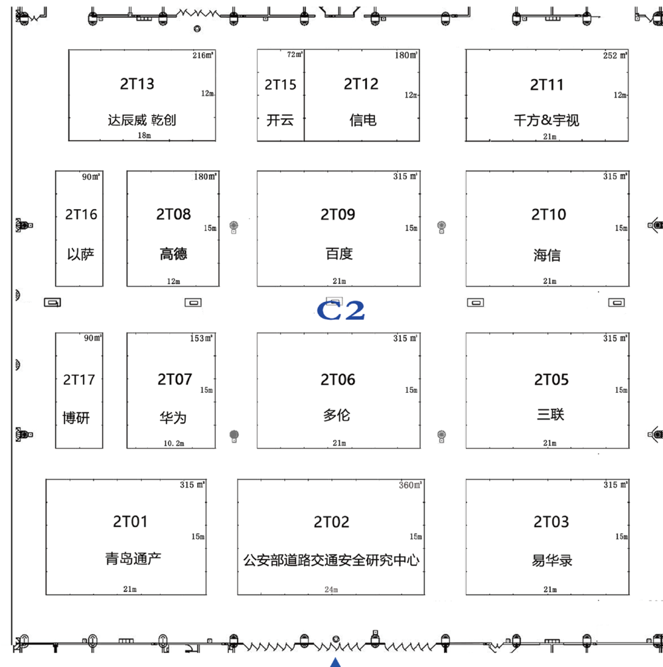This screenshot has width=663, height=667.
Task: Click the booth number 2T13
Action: coord(137,83)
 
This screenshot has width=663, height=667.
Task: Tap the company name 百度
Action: coord(339,253)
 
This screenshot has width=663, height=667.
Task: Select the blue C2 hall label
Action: coord(341,310)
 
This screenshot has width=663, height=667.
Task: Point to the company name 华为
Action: coord(173,418)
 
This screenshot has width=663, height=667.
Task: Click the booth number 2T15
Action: coord(280,85)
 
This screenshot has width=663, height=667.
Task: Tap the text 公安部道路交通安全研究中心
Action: coord(331,560)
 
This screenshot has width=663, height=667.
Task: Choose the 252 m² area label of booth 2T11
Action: coord(615,55)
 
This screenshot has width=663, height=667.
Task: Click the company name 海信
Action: coord(547,255)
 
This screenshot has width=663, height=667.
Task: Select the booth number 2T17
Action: coord(79,380)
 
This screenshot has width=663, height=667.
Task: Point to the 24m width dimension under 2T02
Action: coord(331,590)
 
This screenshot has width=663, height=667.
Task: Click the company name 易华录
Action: coord(552,560)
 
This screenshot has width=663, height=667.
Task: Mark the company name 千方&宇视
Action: coord(546,120)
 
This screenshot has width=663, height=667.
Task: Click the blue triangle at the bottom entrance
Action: coord(335,662)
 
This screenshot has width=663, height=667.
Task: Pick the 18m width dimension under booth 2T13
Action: coord(144,136)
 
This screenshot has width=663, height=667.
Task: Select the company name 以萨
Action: coord(80,254)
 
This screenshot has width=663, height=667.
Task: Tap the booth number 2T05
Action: coord(551,380)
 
